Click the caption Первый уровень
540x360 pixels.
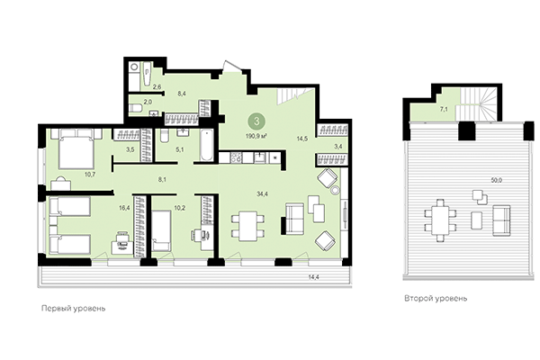74,308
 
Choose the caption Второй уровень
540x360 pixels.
436,298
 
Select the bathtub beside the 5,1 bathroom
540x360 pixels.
204,147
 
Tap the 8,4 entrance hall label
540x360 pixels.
181,93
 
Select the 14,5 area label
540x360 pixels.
302,137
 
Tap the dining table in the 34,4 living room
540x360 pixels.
245,221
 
